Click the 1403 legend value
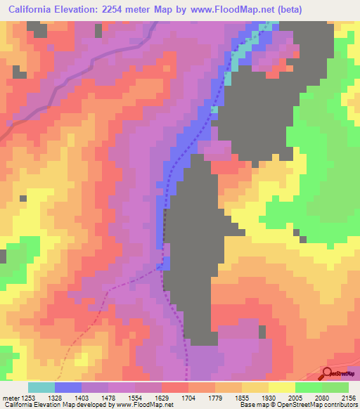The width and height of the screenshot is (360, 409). coord(95,397)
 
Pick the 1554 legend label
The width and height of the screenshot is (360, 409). coord(148,397)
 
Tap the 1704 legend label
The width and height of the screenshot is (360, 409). coord(201,397)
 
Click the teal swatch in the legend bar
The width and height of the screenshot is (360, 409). coord(41,387)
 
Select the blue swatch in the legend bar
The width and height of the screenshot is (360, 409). coord(68,387)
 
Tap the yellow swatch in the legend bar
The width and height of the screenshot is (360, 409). coord(281,387)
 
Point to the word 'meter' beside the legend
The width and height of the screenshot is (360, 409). coord(11,397)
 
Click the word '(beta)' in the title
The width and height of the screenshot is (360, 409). coord(289,9)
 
